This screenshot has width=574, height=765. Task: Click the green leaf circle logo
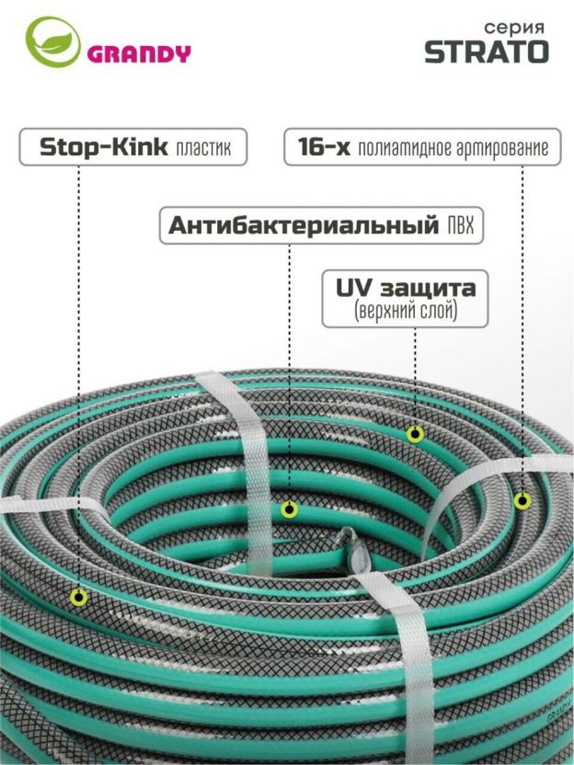point(52,42)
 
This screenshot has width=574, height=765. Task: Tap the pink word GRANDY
point(139,53)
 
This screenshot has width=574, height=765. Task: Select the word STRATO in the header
point(487,52)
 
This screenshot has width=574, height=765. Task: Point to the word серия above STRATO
point(514,29)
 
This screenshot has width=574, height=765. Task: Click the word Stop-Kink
point(103,147)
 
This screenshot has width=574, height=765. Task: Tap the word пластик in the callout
point(203,148)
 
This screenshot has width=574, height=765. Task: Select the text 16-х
point(324,147)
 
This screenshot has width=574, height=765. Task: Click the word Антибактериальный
point(304,225)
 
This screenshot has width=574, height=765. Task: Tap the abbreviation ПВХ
point(461,226)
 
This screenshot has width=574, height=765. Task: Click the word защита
point(428,289)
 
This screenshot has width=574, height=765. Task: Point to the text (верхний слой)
point(406,310)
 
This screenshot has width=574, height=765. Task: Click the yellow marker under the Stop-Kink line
point(78,597)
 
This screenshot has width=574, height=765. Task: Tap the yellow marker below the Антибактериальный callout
point(290,509)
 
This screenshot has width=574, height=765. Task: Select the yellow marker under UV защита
point(416,434)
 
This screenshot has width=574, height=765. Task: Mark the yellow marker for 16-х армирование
point(522,500)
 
